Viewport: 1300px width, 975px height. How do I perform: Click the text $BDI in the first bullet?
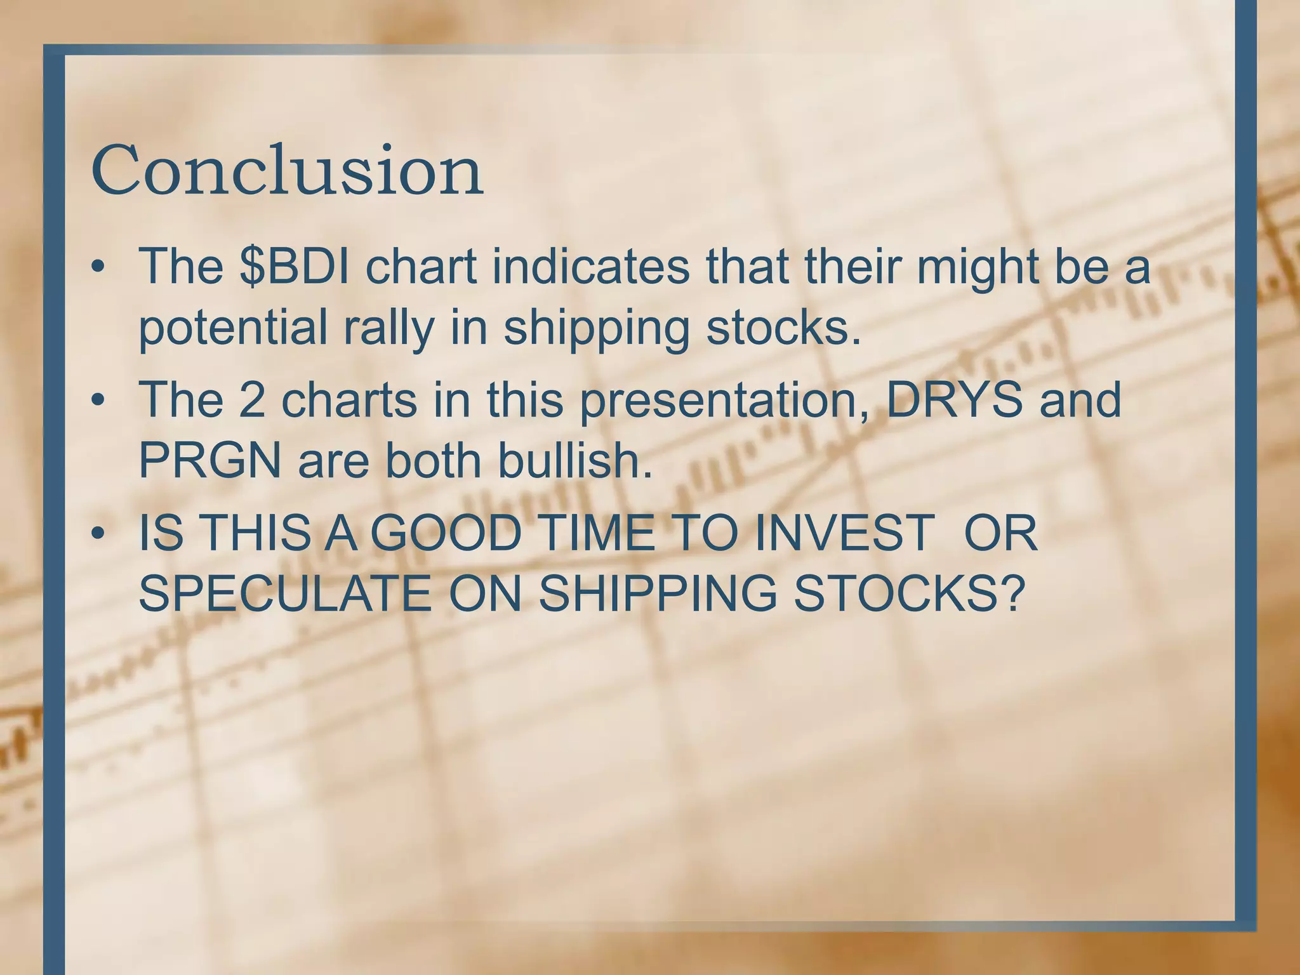point(295,267)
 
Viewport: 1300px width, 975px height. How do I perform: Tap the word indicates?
point(590,267)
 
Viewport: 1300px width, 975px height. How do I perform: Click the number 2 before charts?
point(252,400)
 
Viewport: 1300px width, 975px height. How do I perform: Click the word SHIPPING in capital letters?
point(657,594)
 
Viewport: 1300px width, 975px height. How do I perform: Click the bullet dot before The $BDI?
point(97,268)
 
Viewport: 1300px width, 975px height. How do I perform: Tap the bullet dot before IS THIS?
point(97,534)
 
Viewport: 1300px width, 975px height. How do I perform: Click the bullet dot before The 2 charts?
point(97,401)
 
